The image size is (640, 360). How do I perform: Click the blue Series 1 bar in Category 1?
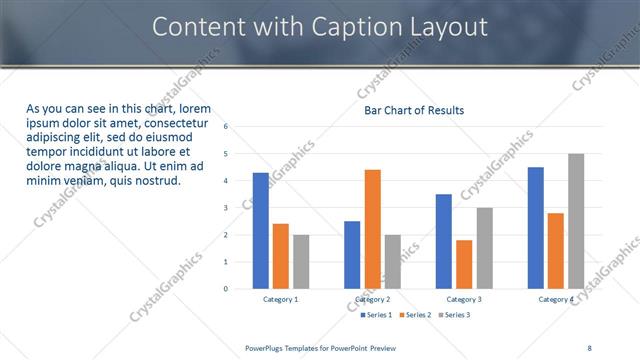pyautogui.click(x=260, y=230)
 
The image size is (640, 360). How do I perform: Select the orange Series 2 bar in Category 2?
pyautogui.click(x=372, y=229)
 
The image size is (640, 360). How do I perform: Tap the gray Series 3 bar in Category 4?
pyautogui.click(x=576, y=221)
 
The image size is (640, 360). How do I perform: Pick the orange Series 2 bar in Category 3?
pyautogui.click(x=464, y=264)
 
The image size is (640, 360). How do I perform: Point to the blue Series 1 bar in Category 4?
pyautogui.click(x=536, y=228)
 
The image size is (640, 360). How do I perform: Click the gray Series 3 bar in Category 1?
pyautogui.click(x=301, y=261)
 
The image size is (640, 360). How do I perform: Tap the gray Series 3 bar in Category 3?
pyautogui.click(x=484, y=248)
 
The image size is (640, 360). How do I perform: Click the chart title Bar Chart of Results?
pyautogui.click(x=413, y=110)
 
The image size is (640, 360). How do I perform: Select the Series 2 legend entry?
pyautogui.click(x=417, y=315)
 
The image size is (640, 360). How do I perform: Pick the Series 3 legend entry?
pyautogui.click(x=456, y=315)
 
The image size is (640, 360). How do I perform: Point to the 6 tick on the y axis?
pyautogui.click(x=226, y=127)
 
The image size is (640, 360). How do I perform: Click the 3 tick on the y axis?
pyautogui.click(x=226, y=208)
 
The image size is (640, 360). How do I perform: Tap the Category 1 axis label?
pyautogui.click(x=281, y=300)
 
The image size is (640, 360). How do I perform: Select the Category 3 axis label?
pyautogui.click(x=464, y=300)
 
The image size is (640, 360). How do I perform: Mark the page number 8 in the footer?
pyautogui.click(x=589, y=347)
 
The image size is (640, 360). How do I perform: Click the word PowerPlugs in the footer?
pyautogui.click(x=267, y=347)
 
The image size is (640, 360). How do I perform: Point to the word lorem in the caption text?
pyautogui.click(x=193, y=108)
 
